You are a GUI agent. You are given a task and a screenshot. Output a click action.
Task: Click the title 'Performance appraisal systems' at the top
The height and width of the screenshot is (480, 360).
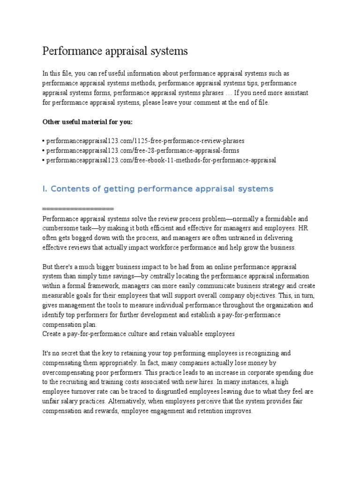coord(115,51)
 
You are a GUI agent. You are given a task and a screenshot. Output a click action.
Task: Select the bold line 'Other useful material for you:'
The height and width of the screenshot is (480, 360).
coord(88,122)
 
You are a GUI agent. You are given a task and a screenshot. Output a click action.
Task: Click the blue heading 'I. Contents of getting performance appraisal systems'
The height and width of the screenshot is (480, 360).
coord(157,189)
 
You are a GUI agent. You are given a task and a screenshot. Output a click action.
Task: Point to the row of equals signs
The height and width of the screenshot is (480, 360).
coord(78,208)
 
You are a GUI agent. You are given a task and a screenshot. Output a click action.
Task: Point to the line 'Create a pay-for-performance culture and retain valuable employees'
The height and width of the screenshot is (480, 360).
coord(138,334)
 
